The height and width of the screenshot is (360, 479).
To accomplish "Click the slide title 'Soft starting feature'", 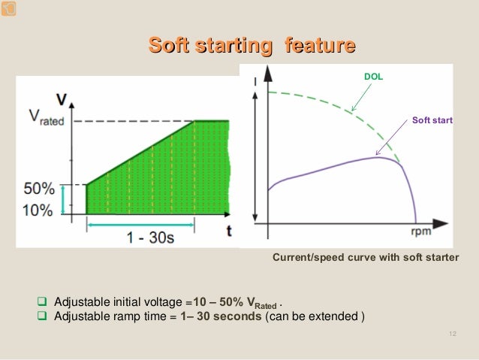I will [x=252, y=46].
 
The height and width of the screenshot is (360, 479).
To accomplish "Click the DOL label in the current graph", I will [x=373, y=77].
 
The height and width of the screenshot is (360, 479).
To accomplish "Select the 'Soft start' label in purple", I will [x=432, y=120].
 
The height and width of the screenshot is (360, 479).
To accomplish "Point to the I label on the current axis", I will [x=255, y=81].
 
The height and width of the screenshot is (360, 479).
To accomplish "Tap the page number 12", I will [x=452, y=334].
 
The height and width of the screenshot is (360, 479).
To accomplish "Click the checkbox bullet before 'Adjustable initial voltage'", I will [x=43, y=302].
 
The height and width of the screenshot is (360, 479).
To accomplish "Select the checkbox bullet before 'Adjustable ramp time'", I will [x=43, y=316].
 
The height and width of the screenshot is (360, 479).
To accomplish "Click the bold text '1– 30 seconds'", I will [x=221, y=316].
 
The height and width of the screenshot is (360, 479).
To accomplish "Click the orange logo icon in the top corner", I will [x=8, y=8].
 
